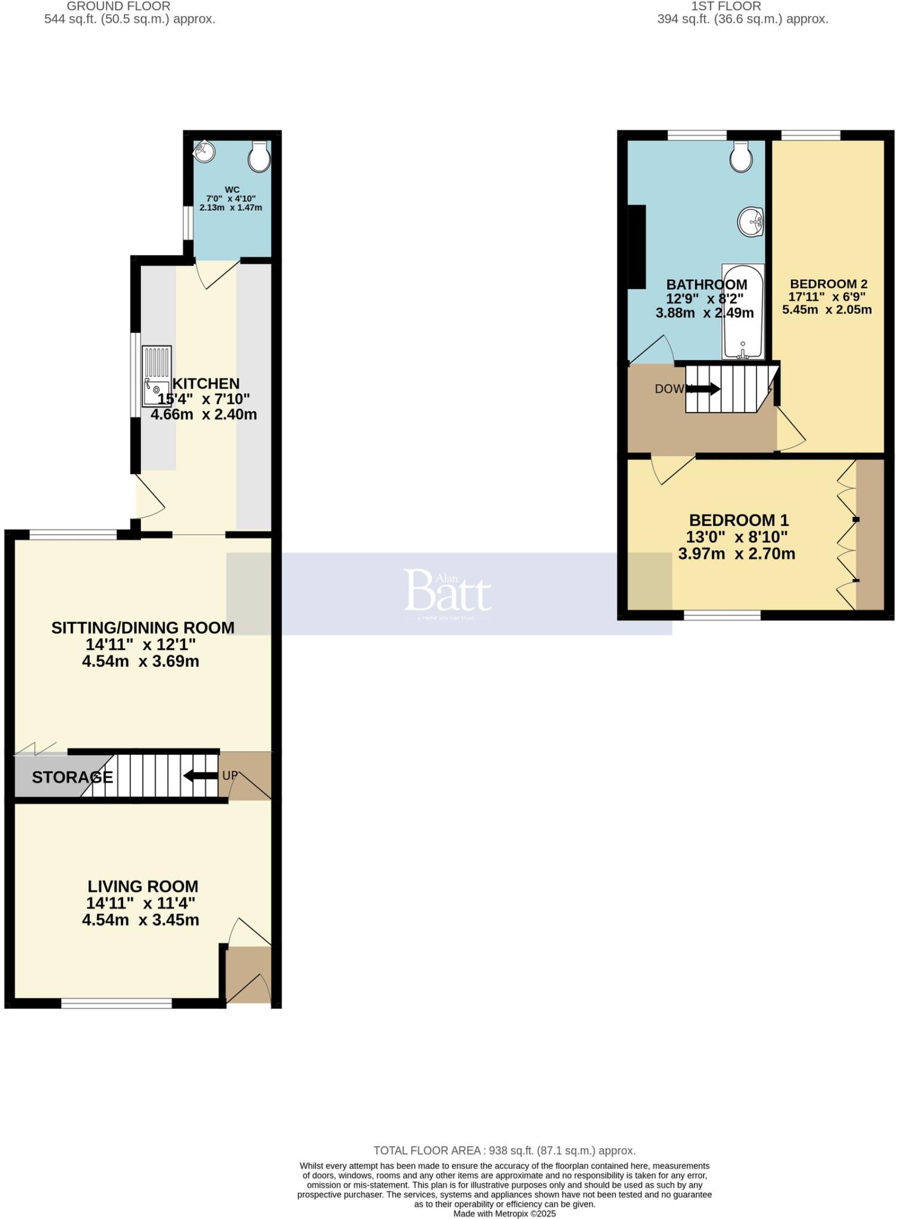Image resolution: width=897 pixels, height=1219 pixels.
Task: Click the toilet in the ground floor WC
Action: point(259,157)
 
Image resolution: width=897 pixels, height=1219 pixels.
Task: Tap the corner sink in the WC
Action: point(203,151)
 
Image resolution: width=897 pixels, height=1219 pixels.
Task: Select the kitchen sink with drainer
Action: point(157,376)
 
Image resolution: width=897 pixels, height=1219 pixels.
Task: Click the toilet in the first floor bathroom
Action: point(741,157)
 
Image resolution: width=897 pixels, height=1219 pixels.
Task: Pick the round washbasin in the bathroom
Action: point(752,222)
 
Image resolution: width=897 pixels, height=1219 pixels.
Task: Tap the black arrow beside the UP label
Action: point(200,776)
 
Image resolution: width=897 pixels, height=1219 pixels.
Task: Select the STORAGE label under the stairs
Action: point(72,777)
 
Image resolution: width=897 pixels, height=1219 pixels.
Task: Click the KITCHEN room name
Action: point(205,383)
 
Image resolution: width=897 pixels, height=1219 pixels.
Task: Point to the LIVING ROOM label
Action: point(143,886)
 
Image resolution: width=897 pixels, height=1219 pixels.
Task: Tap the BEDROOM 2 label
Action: point(828,284)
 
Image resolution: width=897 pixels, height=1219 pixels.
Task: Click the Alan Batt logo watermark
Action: point(448,592)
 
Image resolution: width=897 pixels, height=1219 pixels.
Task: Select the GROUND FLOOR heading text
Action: point(118,7)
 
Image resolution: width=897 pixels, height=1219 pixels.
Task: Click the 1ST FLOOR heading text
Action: point(726,7)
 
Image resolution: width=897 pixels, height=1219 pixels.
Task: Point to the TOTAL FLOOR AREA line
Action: point(504,1151)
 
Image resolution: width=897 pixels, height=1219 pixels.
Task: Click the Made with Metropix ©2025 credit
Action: point(504,1213)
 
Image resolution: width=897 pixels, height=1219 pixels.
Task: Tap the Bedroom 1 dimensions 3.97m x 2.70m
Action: point(736,554)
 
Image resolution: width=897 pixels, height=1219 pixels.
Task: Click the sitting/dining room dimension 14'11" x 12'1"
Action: point(140,644)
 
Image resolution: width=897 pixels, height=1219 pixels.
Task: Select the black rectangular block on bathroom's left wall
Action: point(637,247)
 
